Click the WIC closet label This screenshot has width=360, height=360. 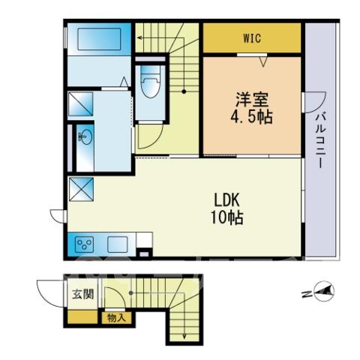tap(252, 38)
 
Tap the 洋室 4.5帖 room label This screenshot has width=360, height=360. tap(251, 108)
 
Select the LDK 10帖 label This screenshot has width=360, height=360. tap(227, 208)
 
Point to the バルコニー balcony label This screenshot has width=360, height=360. tap(321, 141)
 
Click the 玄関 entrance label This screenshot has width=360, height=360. tap(83, 294)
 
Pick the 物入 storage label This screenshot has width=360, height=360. tap(116, 318)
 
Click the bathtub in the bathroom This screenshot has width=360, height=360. tap(100, 39)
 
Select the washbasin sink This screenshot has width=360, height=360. tap(86, 137)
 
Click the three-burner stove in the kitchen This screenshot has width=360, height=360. tap(85, 244)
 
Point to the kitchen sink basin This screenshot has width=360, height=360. tap(118, 244)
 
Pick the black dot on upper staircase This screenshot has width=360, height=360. tap(184, 91)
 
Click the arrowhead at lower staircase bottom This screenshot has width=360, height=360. tap(184, 336)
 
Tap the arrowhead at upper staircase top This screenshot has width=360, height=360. tap(139, 38)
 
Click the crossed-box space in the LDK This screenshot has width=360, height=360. tap(81, 189)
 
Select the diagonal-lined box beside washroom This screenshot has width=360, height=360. tap(80, 104)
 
